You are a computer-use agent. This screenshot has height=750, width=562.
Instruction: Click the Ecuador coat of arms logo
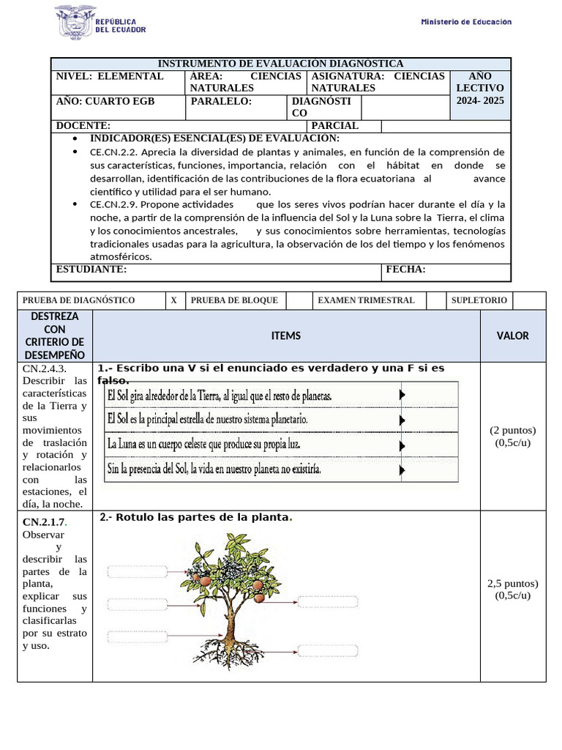[x=75, y=21]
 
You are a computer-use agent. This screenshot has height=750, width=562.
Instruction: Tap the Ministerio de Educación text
[x=466, y=22]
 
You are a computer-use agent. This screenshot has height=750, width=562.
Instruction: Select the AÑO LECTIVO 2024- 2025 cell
[x=480, y=89]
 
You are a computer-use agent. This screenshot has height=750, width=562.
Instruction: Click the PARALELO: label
[x=221, y=102]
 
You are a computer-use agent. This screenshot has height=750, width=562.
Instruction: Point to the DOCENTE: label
[x=83, y=126]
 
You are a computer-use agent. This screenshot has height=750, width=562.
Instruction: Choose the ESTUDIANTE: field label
[x=91, y=270]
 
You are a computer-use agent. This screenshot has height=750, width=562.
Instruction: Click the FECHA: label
[x=405, y=270]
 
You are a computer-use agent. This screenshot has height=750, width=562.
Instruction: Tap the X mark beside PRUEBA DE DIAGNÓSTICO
[x=173, y=300]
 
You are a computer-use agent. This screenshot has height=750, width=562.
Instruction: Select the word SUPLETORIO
[x=479, y=300]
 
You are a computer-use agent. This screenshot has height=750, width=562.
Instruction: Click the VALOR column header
[x=512, y=335]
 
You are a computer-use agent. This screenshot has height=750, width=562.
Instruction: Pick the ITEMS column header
[x=285, y=335]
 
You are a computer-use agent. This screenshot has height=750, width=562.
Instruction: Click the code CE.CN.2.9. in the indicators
[x=115, y=204]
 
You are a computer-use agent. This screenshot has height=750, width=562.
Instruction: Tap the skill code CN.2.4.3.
[x=45, y=368]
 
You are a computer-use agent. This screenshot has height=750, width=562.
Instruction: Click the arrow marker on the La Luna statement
[x=402, y=444]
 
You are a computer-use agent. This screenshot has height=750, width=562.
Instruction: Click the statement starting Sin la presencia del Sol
[x=214, y=468]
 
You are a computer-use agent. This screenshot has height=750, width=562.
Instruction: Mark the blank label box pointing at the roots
[x=327, y=651]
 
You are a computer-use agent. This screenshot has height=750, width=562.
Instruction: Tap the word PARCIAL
[x=335, y=126]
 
